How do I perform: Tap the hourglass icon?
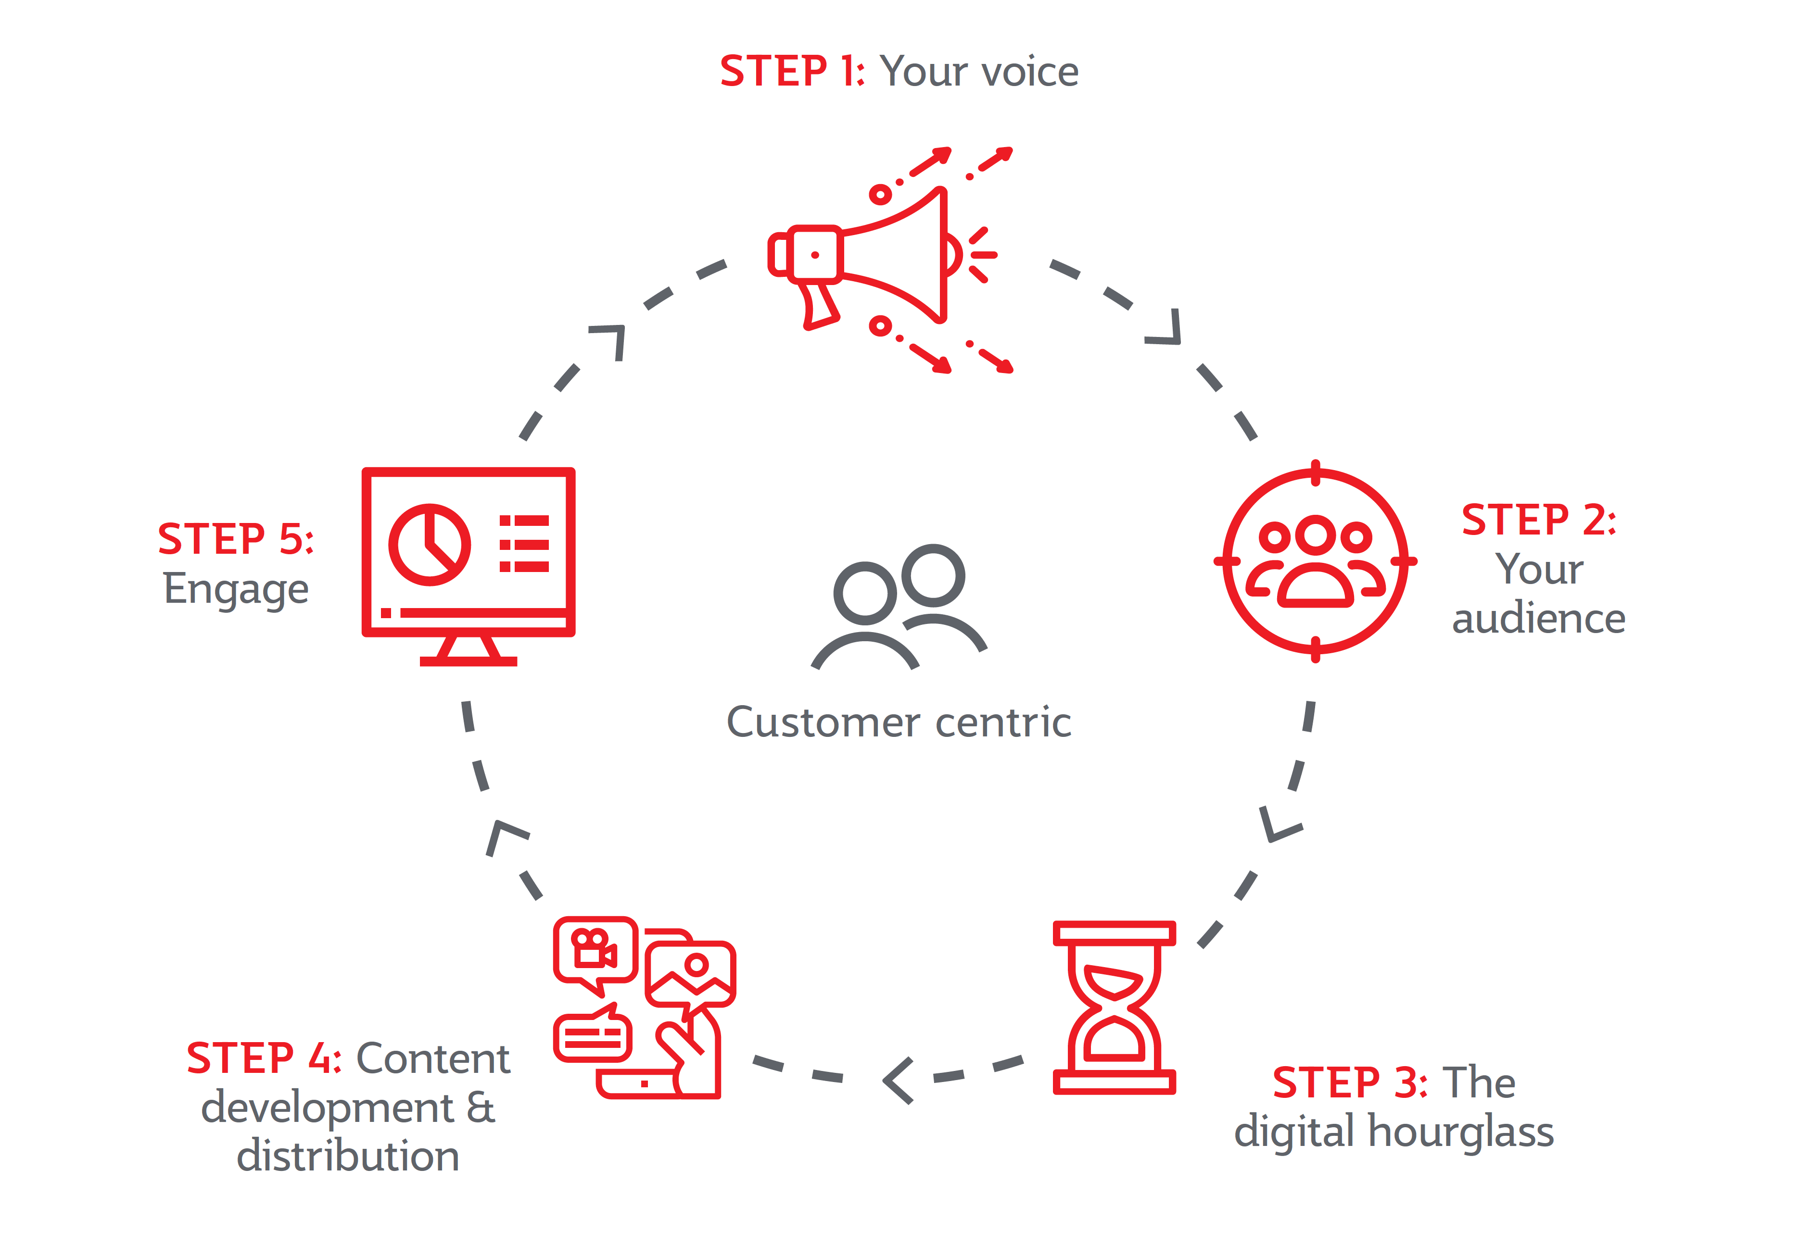pos(1114,1007)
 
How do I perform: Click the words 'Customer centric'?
pos(899,722)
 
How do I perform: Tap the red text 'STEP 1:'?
pos(791,72)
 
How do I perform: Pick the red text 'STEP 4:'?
pos(264,1058)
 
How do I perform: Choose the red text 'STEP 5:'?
pos(236,539)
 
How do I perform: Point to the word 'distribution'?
pos(348,1156)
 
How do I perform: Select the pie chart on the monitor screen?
pos(429,544)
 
